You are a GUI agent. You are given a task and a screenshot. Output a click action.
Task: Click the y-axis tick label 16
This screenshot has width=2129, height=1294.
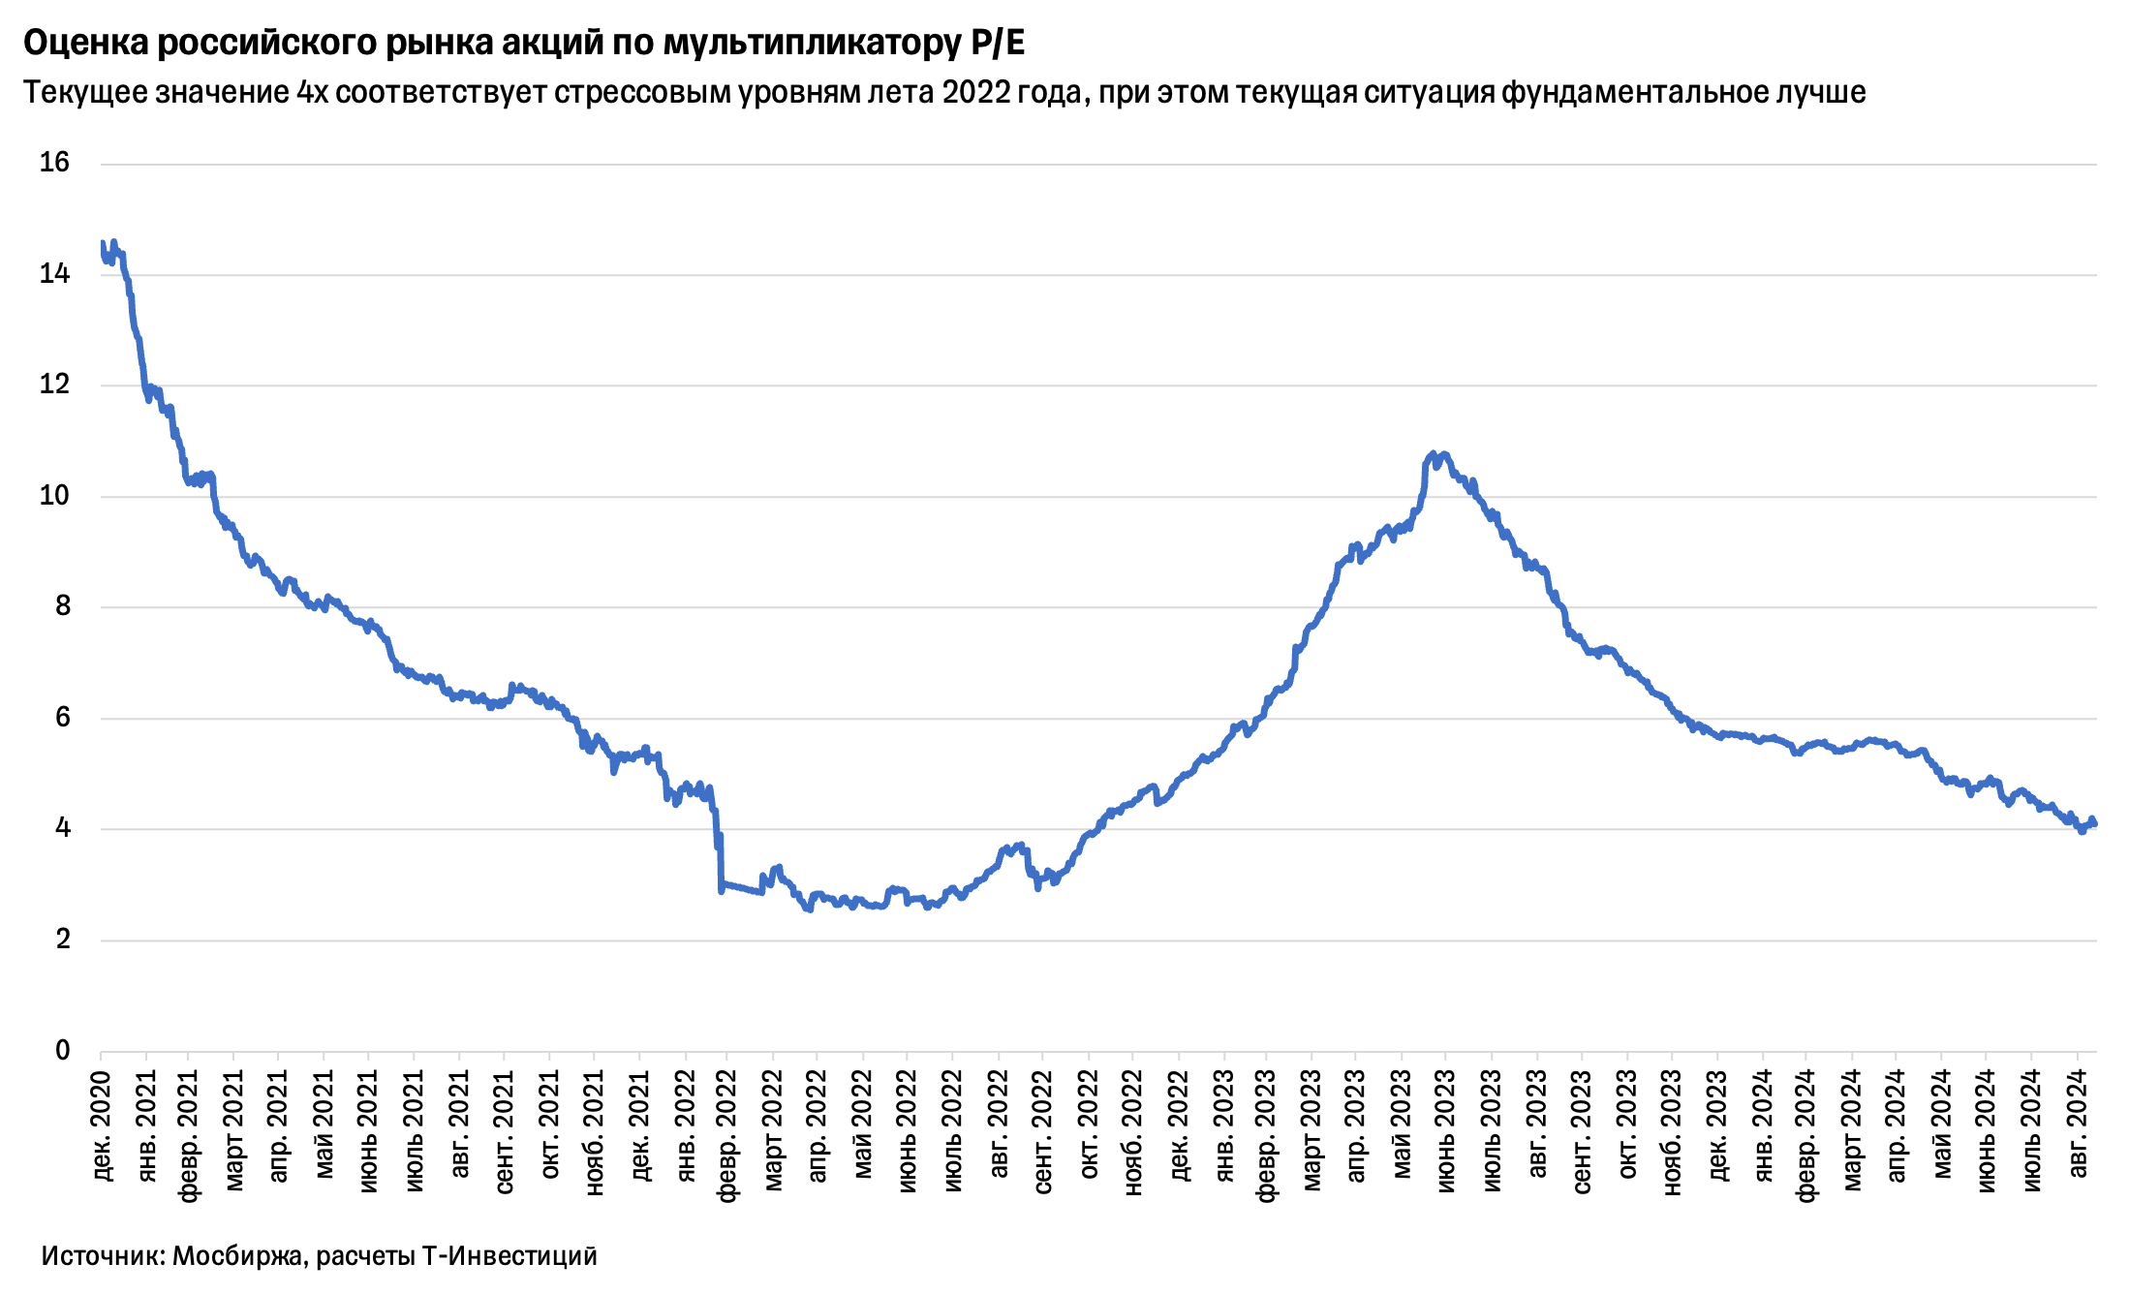(x=54, y=163)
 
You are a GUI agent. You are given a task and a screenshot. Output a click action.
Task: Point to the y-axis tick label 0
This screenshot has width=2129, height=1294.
(x=62, y=1051)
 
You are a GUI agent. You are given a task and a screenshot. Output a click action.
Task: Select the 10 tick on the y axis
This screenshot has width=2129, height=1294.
(x=54, y=496)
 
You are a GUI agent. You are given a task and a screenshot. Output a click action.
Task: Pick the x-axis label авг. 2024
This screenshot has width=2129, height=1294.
(x=2078, y=1124)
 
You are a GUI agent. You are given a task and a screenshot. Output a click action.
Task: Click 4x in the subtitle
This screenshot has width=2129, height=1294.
(x=313, y=92)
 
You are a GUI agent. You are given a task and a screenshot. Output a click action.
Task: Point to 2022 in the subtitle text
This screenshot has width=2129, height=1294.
(x=974, y=92)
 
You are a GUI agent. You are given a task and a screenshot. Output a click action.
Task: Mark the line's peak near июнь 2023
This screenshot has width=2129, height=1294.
(x=1433, y=453)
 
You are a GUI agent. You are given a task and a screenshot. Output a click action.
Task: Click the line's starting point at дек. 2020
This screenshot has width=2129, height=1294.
(x=102, y=243)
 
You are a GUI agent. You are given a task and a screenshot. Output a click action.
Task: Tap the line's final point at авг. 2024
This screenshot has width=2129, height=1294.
(x=2095, y=824)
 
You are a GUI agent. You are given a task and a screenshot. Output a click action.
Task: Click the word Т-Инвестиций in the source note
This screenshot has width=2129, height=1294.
(x=509, y=1256)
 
